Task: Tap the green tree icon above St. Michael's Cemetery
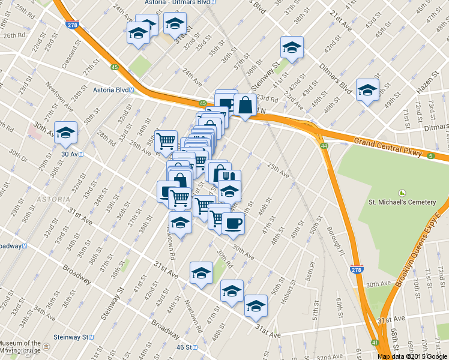[402, 193]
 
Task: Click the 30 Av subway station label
[71, 154]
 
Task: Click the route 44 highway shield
[324, 146]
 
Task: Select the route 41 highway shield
[375, 343]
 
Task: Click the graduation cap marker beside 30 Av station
[65, 134]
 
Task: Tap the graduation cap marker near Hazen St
[367, 90]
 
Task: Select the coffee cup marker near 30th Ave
[234, 223]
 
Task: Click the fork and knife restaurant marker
[229, 177]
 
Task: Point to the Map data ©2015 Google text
[413, 356]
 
